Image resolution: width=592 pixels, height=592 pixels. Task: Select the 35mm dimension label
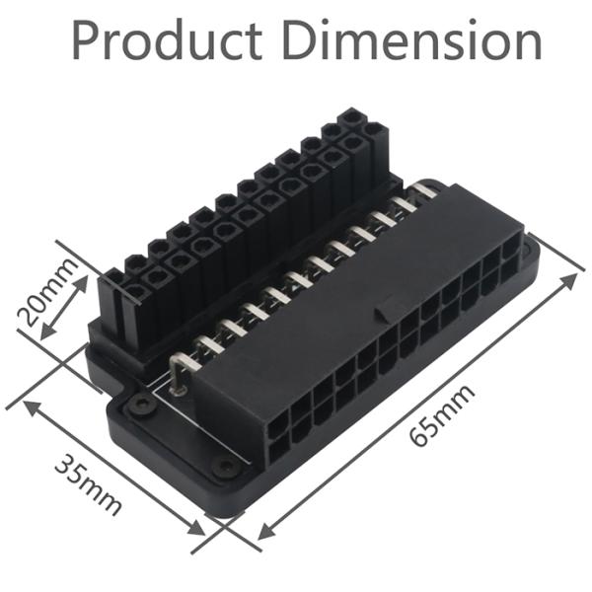coord(89,482)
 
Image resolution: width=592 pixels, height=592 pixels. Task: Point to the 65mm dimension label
coord(443,414)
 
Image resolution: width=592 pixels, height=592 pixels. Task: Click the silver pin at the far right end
coord(425,187)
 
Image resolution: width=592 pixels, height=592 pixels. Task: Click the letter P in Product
coord(86,40)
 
